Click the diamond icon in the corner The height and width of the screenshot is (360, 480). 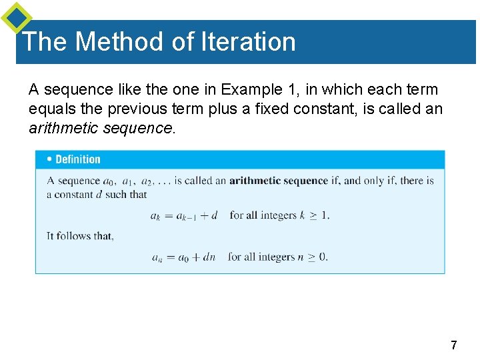tap(16, 17)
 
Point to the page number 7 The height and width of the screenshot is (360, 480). tap(454, 345)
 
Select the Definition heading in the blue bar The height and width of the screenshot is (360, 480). tap(78, 159)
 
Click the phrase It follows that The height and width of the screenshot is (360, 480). tap(80, 236)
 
